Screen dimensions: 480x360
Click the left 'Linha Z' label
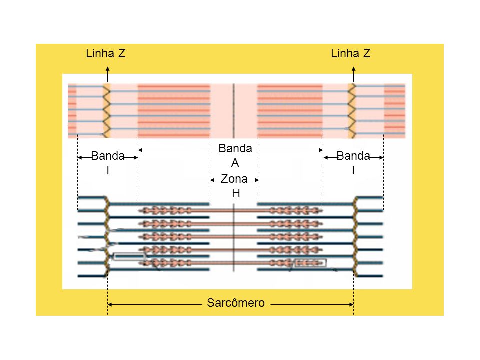click(105, 53)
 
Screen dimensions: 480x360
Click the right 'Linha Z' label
click(351, 53)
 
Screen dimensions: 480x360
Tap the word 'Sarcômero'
click(235, 303)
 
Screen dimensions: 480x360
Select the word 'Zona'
click(234, 179)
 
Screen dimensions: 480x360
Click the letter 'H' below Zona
click(236, 193)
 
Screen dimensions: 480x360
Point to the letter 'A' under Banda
click(235, 163)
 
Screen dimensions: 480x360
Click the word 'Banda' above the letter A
click(235, 149)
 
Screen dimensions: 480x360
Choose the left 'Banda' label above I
click(108, 156)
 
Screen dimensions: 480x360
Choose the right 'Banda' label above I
click(353, 156)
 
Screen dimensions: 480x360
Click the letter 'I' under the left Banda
click(108, 170)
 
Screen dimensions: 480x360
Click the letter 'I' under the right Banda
click(353, 170)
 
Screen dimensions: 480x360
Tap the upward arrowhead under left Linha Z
click(108, 69)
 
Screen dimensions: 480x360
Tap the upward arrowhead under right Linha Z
click(354, 69)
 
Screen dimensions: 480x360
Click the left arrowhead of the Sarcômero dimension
click(110, 304)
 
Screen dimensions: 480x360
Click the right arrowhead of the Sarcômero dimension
click(351, 304)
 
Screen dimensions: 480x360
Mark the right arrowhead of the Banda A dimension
click(321, 150)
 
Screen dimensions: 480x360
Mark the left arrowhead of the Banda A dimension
click(141, 150)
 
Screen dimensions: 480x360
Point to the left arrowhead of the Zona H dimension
click(213, 180)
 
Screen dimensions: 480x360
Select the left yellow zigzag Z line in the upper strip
click(106, 111)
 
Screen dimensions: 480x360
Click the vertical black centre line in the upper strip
click(234, 111)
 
